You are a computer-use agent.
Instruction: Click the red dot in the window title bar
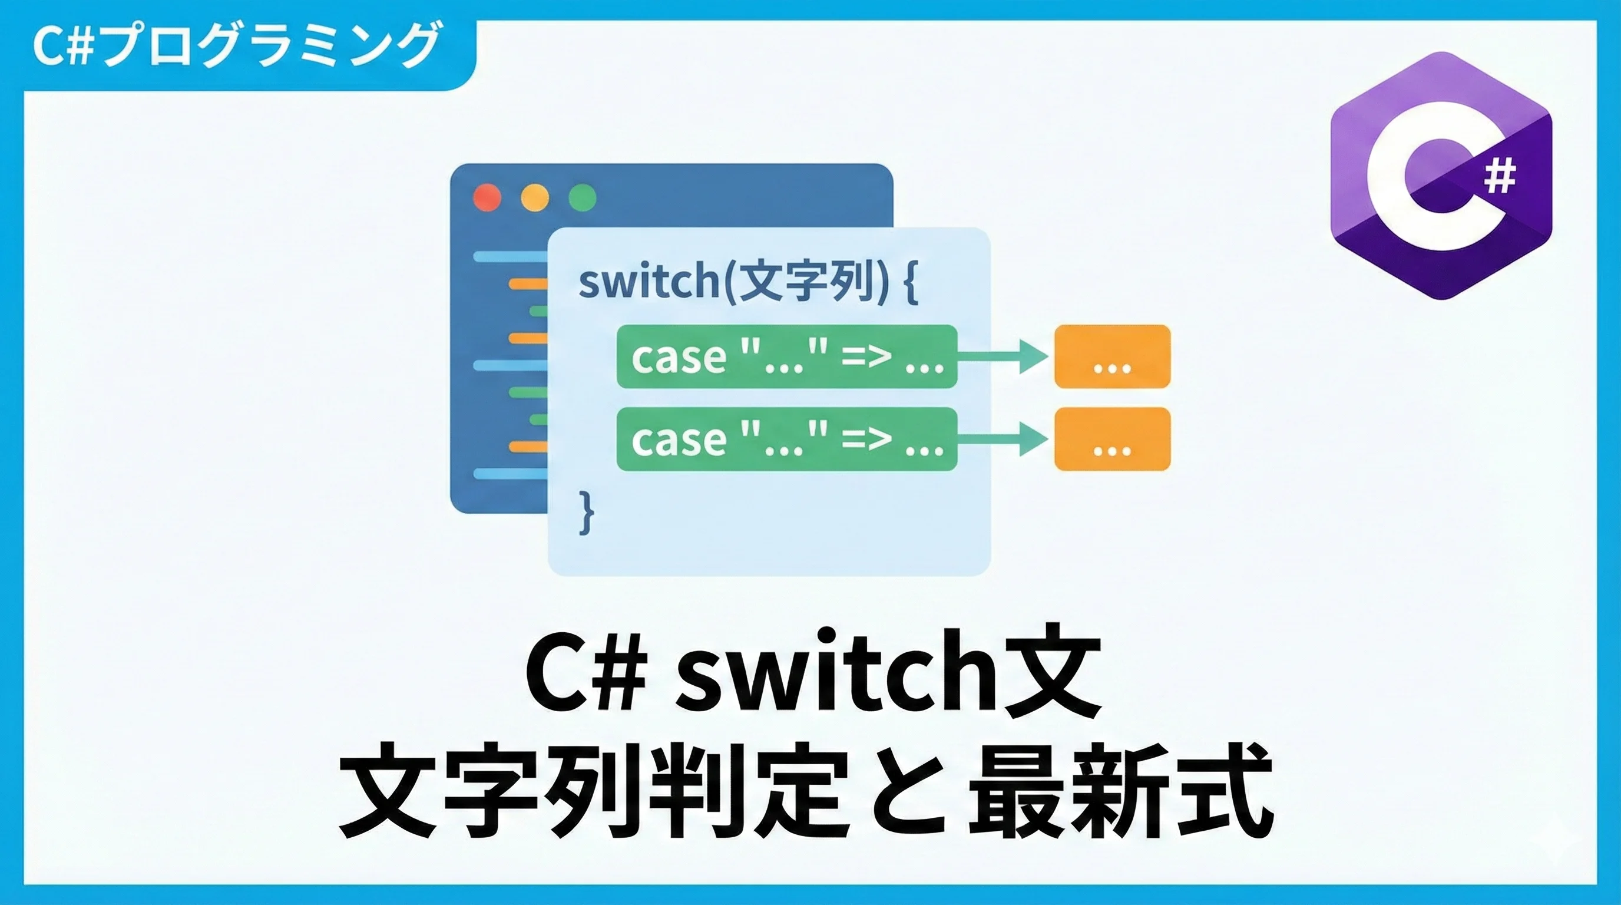coord(487,197)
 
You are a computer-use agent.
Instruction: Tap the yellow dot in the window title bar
coord(535,197)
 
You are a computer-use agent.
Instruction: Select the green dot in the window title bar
coord(582,197)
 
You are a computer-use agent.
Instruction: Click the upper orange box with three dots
coord(1112,356)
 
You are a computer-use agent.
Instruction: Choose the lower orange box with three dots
coord(1112,439)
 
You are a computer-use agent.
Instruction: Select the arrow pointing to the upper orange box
coord(1004,356)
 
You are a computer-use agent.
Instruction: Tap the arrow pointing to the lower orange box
coord(1004,439)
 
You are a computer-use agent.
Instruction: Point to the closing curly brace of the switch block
coord(586,513)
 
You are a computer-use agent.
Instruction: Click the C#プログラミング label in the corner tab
coord(236,45)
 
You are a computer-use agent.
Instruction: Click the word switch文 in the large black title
coord(887,676)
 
